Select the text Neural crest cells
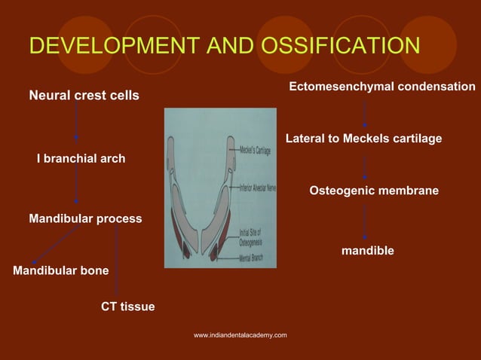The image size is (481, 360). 84,96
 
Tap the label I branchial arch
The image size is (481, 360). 81,159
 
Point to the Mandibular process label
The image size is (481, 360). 85,218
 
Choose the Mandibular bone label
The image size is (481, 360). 61,270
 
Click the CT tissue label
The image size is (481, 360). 127,307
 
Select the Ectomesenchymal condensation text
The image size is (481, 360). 382,87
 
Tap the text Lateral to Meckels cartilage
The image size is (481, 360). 363,139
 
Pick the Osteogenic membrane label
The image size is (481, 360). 374,191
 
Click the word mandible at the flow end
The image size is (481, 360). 367,250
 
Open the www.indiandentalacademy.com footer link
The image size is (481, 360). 240,334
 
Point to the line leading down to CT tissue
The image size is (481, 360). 117,264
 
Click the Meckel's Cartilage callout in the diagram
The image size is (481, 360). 254,151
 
